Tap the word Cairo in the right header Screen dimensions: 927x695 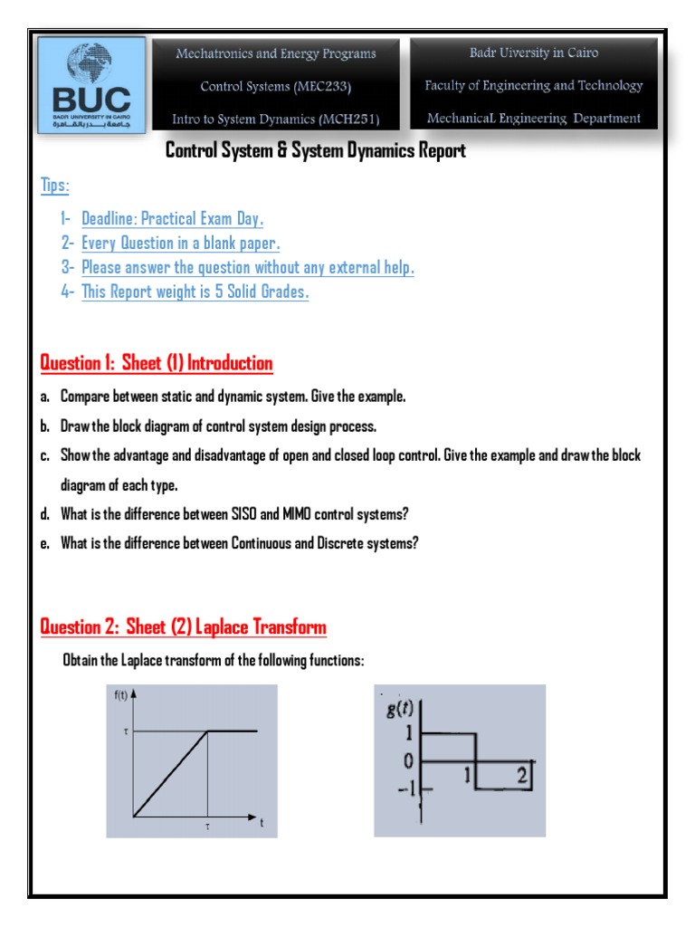[x=580, y=53]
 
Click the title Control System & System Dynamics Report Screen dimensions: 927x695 [x=315, y=151]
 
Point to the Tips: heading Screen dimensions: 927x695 [x=55, y=186]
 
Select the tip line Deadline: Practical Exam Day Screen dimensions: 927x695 [x=172, y=219]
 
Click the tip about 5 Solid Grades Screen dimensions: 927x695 [x=195, y=292]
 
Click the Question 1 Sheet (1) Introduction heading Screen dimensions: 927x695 [x=157, y=364]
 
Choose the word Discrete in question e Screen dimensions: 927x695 [x=347, y=543]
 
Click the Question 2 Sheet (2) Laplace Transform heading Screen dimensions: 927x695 [x=184, y=627]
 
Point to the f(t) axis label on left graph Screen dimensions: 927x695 [x=121, y=695]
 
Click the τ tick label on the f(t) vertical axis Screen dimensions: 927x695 [x=125, y=731]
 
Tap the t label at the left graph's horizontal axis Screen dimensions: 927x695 [x=261, y=825]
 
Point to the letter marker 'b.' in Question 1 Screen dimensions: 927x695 [x=45, y=426]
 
